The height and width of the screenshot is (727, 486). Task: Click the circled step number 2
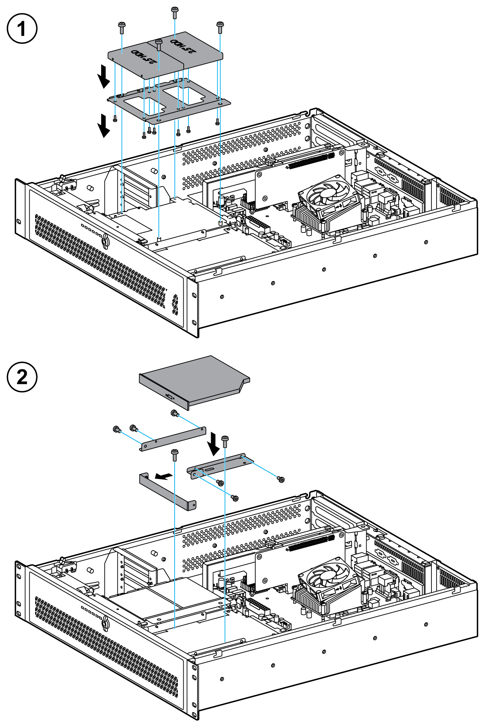pyautogui.click(x=22, y=377)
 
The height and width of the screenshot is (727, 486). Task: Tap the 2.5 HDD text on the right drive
pyautogui.click(x=183, y=45)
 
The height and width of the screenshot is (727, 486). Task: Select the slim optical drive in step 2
pyautogui.click(x=194, y=380)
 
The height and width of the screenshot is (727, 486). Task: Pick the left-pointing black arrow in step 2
pyautogui.click(x=164, y=476)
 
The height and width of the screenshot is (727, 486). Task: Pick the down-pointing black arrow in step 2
pyautogui.click(x=214, y=444)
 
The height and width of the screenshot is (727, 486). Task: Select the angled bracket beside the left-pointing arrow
pyautogui.click(x=168, y=491)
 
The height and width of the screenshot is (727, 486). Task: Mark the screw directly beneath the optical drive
pyautogui.click(x=174, y=413)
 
